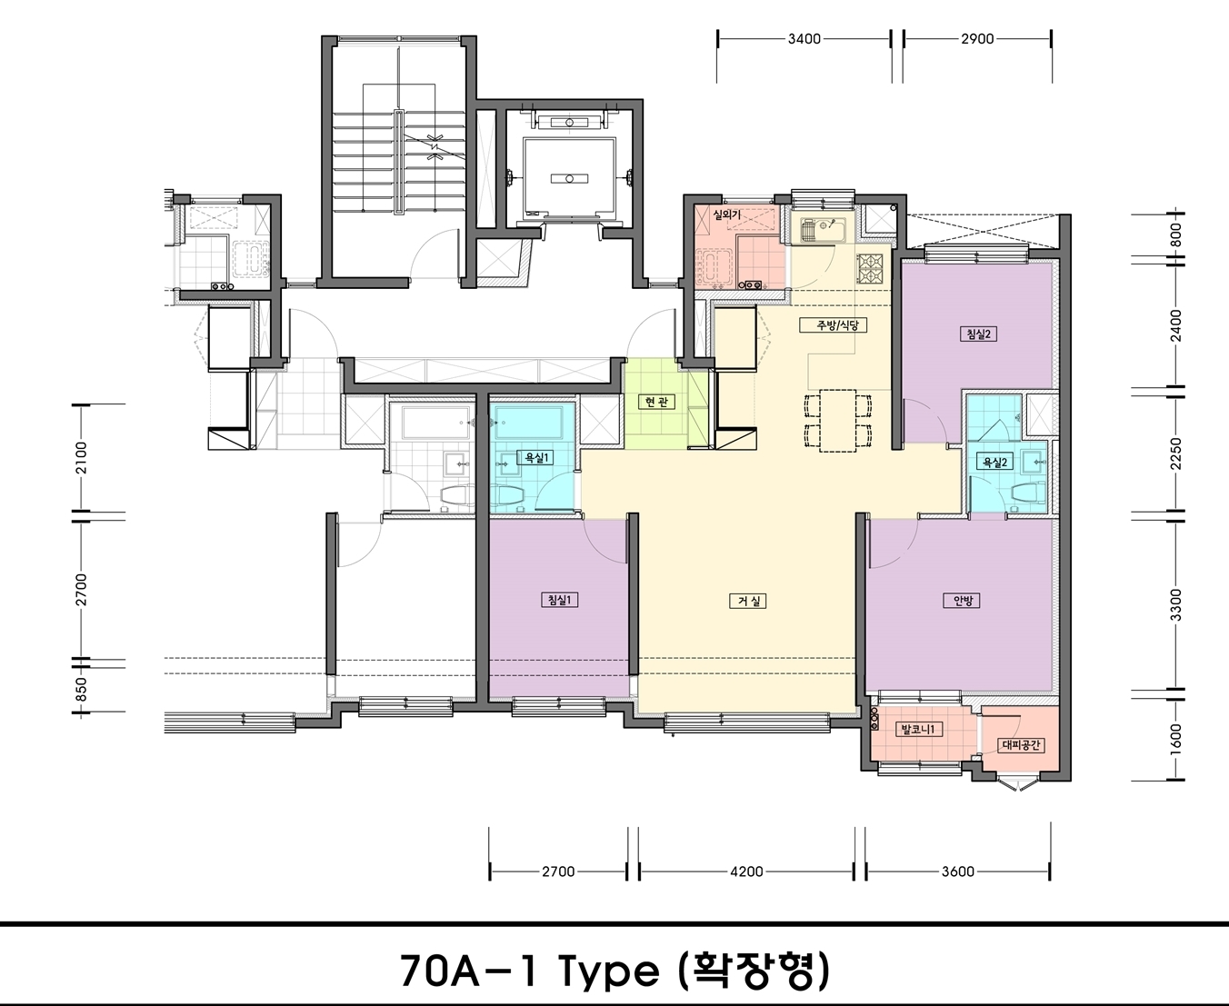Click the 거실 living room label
click(x=747, y=602)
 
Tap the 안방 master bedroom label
click(x=962, y=601)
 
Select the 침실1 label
click(x=559, y=600)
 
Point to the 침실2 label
click(x=978, y=334)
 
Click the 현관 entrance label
click(x=656, y=402)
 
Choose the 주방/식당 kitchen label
click(x=834, y=325)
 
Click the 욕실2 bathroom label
click(x=994, y=462)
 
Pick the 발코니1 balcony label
click(x=918, y=729)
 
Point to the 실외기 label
click(x=726, y=214)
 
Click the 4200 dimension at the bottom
click(x=746, y=872)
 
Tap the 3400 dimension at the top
click(x=804, y=38)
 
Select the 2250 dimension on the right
click(x=1176, y=453)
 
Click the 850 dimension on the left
click(x=82, y=689)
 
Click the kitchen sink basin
click(x=823, y=231)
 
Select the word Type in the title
click(x=609, y=970)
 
